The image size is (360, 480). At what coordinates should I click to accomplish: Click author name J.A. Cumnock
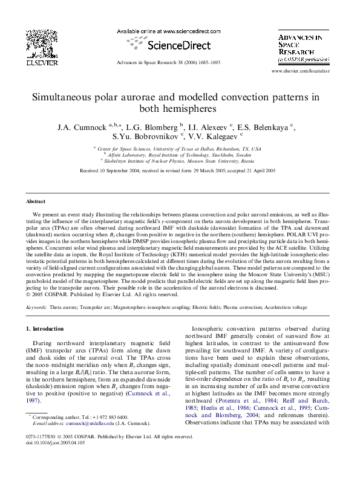click(x=80, y=128)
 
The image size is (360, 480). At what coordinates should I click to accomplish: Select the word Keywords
click(x=37, y=308)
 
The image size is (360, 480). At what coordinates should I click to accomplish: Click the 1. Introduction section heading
click(x=47, y=329)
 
